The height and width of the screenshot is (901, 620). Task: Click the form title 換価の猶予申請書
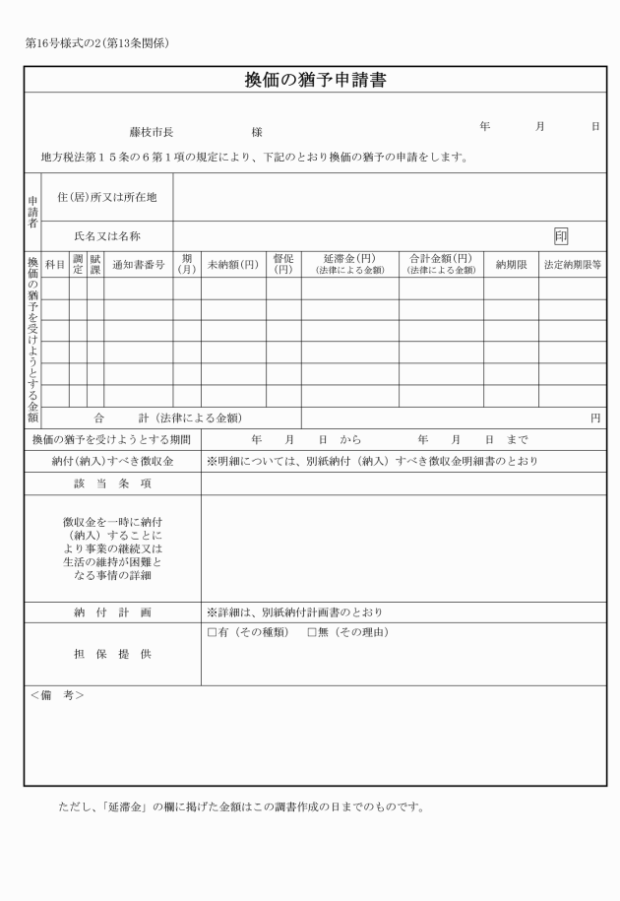pos(315,80)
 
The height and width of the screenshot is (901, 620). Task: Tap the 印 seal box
pos(561,235)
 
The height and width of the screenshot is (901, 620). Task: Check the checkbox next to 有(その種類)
pos(212,631)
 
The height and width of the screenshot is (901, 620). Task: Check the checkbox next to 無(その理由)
pos(312,631)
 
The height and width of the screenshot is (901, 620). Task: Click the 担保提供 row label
pos(112,654)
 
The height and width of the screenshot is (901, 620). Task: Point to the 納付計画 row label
pos(112,611)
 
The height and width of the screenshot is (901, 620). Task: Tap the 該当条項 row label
pos(112,483)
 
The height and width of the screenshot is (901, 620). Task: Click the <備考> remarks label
pos(57,695)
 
